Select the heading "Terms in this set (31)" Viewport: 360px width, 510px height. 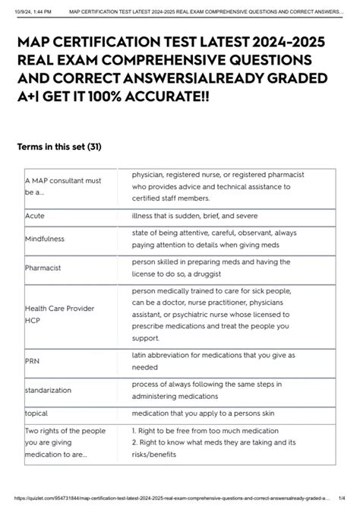pyautogui.click(x=59, y=147)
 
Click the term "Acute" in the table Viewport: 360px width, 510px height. pyautogui.click(x=35, y=216)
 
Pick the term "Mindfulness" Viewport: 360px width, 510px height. pyautogui.click(x=44, y=239)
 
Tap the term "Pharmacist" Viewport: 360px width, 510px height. pyautogui.click(x=43, y=268)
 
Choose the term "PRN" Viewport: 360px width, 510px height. pyautogui.click(x=32, y=361)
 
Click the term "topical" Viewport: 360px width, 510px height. pyautogui.click(x=36, y=413)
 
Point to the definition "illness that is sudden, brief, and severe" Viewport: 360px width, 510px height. pyautogui.click(x=197, y=216)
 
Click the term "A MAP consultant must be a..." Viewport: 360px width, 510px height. pyautogui.click(x=62, y=186)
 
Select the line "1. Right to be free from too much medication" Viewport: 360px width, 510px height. pyautogui.click(x=216, y=431)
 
